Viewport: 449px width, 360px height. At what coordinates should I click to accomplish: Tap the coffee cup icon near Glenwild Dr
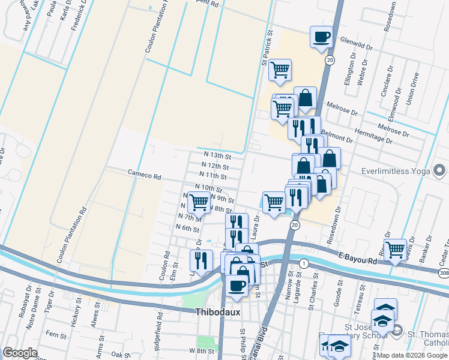[x=322, y=37]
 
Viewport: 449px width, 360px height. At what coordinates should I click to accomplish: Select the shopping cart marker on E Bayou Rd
[x=395, y=249]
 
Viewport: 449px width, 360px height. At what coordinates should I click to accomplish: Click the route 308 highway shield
[x=442, y=274]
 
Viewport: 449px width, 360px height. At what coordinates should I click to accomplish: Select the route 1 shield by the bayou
[x=304, y=263]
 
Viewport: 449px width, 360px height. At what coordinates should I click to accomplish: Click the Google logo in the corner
[x=20, y=353]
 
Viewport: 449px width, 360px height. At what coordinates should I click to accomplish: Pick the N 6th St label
[x=187, y=229]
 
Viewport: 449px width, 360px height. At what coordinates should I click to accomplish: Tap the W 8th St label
[x=201, y=350]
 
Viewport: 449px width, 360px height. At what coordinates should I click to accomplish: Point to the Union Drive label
[x=413, y=89]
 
